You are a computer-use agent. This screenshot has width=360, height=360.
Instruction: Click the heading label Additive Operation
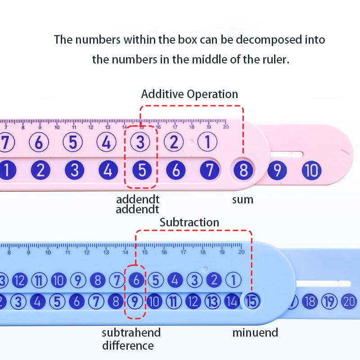tap(189, 94)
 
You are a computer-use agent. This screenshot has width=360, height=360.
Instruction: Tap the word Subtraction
tap(189, 222)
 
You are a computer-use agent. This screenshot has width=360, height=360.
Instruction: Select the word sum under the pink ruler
tap(243, 199)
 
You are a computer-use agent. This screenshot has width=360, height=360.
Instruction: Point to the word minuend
tap(255, 333)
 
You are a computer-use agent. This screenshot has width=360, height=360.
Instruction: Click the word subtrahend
tap(131, 333)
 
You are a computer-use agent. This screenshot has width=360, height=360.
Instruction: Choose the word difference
tap(128, 346)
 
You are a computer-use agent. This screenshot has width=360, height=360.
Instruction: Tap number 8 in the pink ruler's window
tap(243, 171)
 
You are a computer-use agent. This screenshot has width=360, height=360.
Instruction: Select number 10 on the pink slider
tap(311, 171)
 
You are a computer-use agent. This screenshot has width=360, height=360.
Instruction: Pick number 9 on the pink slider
tap(277, 171)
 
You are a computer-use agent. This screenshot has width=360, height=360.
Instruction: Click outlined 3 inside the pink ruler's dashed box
tap(140, 143)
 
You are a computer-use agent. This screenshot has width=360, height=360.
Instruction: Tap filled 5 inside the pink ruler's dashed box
tap(142, 171)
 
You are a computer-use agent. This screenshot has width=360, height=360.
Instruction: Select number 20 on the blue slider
tap(349, 301)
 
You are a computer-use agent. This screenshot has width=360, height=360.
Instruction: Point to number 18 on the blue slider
tap(310, 301)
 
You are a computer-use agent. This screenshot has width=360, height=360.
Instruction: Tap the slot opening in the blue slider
tap(324, 284)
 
